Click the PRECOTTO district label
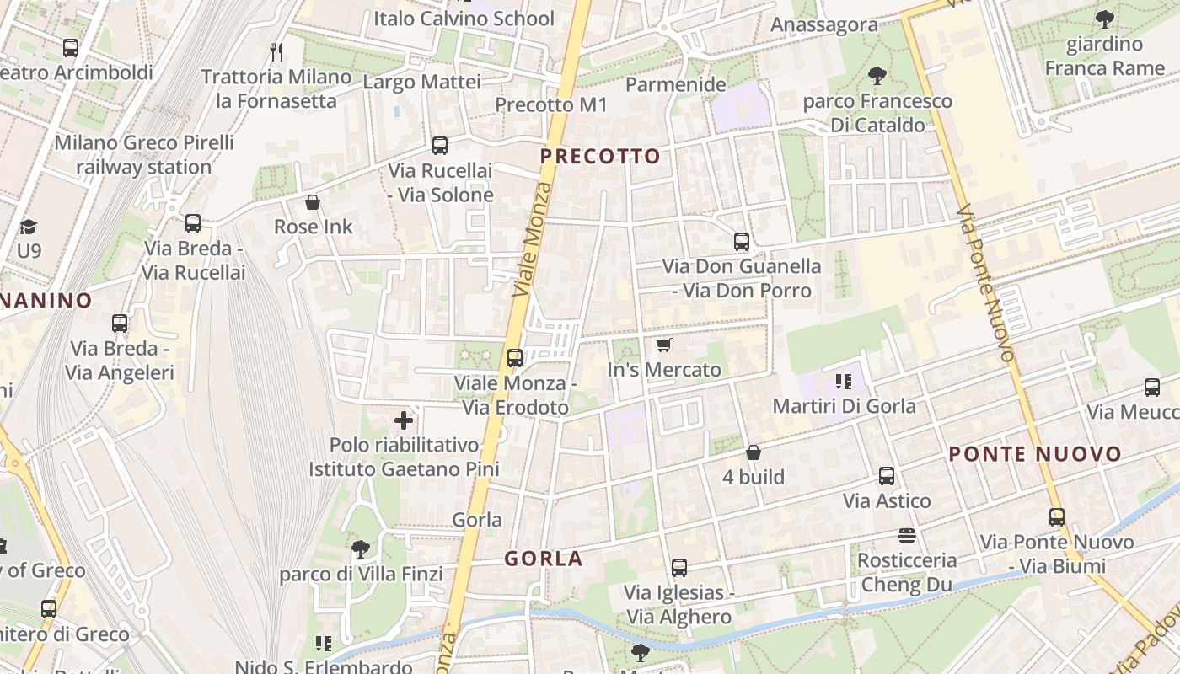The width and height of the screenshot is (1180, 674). (x=600, y=157)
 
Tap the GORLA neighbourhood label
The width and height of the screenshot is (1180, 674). (x=544, y=559)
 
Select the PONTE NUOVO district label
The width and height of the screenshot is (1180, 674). (x=1035, y=455)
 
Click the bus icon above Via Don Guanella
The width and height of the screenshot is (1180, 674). (x=742, y=242)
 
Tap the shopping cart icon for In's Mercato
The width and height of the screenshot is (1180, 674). (x=663, y=345)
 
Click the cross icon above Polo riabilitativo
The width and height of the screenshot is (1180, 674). (x=404, y=420)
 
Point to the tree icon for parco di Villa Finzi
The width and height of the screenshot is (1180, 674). (x=360, y=549)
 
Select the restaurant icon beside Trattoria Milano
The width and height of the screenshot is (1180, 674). (x=276, y=52)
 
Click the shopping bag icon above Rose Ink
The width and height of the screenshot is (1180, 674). (x=313, y=202)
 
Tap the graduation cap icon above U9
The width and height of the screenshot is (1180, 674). (x=29, y=227)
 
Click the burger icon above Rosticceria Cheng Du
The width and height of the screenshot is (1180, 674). (x=907, y=536)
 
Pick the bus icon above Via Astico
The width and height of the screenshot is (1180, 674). (x=887, y=476)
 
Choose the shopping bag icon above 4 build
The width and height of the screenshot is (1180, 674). (x=754, y=452)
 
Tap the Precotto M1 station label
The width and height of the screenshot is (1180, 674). (x=550, y=104)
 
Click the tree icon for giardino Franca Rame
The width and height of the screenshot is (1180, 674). (x=1104, y=19)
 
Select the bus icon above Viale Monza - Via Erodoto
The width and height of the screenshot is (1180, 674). (x=515, y=358)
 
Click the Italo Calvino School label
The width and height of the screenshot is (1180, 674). (x=464, y=19)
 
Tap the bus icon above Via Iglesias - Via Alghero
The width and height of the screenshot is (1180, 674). (x=679, y=568)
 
